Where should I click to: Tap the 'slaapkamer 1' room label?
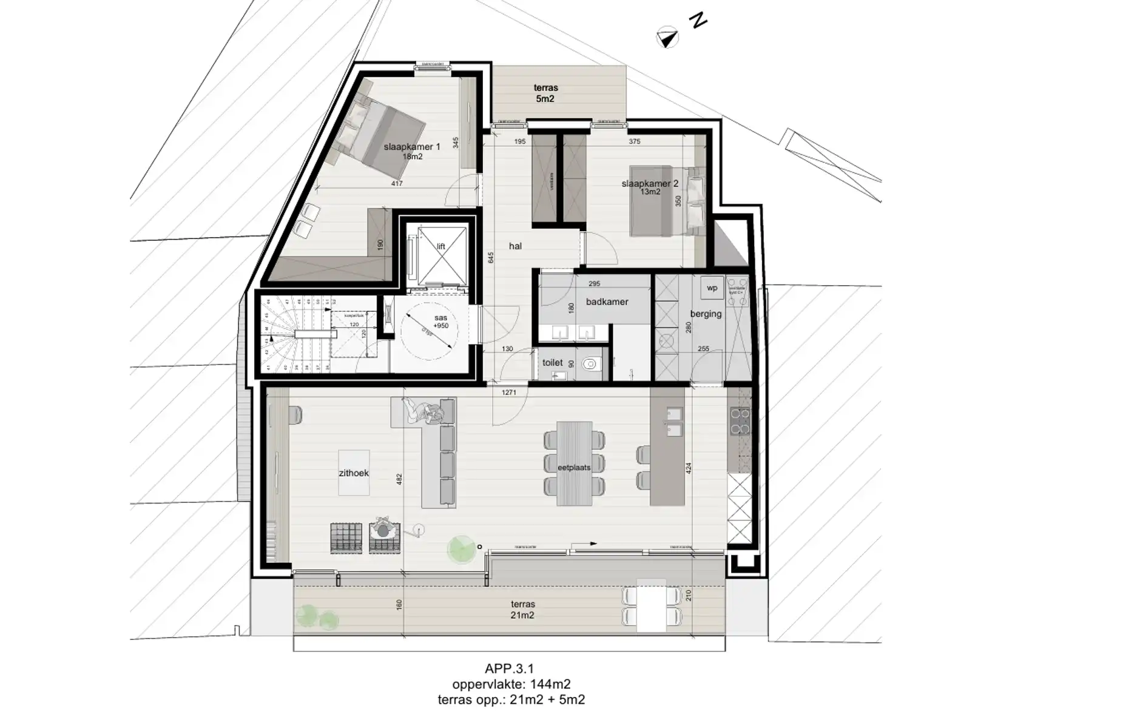click(x=412, y=147)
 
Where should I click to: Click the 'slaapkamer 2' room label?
click(x=649, y=184)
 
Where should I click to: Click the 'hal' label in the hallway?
click(x=515, y=246)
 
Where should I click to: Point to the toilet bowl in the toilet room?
click(x=590, y=365)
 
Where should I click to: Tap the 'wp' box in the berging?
click(x=712, y=288)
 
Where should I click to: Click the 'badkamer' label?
click(x=607, y=302)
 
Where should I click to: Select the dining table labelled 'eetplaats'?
click(x=574, y=464)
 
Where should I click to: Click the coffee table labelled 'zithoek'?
click(x=354, y=473)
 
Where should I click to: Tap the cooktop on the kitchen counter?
click(x=740, y=422)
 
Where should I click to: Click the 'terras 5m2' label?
click(x=545, y=93)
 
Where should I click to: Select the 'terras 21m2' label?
click(x=522, y=610)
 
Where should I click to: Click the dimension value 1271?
click(x=508, y=393)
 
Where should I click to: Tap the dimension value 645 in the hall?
click(x=491, y=257)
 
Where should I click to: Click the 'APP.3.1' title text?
click(x=509, y=669)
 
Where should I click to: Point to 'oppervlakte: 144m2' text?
click(x=511, y=684)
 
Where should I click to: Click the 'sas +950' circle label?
click(x=440, y=322)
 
